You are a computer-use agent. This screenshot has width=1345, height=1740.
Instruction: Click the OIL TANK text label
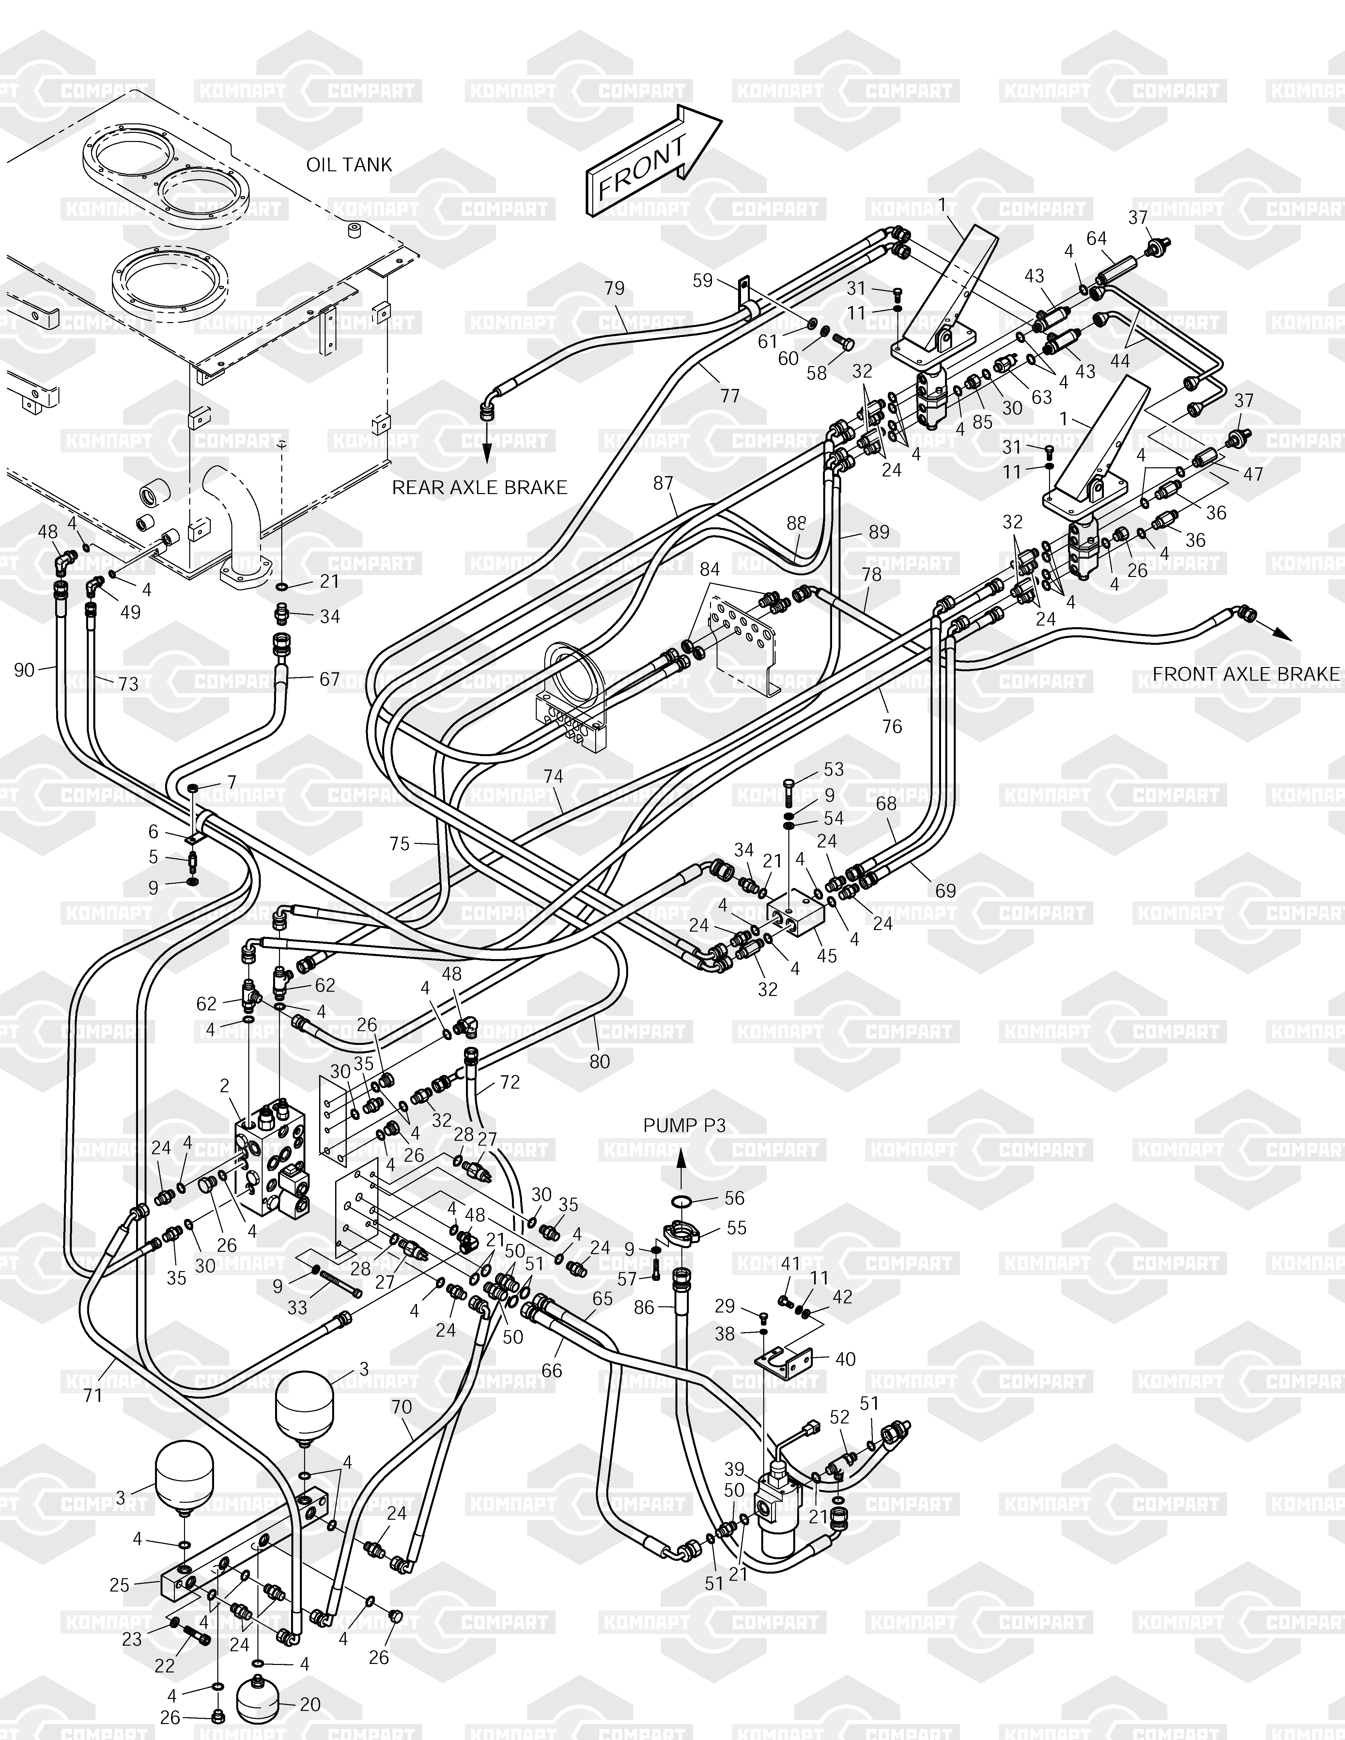point(349,165)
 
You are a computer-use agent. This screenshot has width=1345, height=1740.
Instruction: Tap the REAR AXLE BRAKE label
point(479,488)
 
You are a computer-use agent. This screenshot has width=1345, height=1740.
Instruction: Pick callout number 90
point(25,670)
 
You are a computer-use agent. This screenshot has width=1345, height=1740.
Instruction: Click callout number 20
point(310,1704)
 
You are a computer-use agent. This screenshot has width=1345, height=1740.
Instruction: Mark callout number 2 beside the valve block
point(225,1085)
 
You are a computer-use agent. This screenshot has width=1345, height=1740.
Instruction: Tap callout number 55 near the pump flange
point(736,1228)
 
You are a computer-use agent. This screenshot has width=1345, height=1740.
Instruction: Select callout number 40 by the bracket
point(844,1359)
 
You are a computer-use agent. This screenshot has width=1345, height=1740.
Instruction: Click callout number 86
point(644,1307)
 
